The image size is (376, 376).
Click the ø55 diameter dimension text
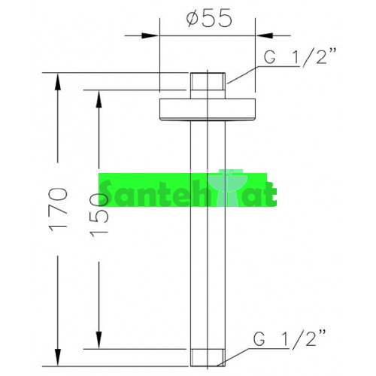point(209,19)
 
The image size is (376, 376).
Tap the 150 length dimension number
point(99,214)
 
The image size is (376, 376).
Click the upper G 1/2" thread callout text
point(299,56)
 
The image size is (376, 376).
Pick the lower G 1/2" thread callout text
point(290,338)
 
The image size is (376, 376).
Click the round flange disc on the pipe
point(208,110)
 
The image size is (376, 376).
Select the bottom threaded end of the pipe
point(208,358)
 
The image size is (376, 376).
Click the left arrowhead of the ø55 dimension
point(150,35)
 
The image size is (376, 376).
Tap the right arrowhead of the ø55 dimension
point(265,35)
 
